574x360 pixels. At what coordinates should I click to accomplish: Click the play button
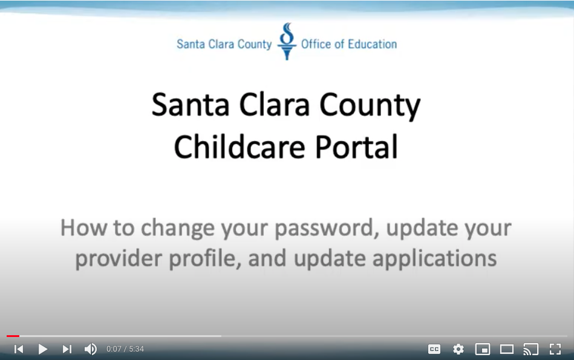tap(43, 349)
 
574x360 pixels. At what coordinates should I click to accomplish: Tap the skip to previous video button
tap(19, 349)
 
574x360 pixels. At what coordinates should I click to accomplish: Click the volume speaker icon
tap(91, 349)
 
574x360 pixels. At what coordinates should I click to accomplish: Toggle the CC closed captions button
tap(434, 349)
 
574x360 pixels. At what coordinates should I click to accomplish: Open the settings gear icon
tap(458, 349)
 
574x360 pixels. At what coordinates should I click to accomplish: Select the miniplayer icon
tap(483, 349)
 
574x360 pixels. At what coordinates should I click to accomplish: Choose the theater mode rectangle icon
tap(507, 349)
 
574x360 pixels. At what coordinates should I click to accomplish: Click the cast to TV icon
tap(531, 349)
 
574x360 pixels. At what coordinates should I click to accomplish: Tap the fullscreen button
tap(555, 349)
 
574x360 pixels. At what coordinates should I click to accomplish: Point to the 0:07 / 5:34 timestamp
tap(125, 349)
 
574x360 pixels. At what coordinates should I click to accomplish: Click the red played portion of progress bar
tap(13, 336)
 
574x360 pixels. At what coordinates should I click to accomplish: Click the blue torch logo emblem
tap(287, 41)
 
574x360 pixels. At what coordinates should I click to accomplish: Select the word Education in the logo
tap(372, 44)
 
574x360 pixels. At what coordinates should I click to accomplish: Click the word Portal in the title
tap(356, 147)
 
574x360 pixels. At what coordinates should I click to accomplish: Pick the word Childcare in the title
tap(240, 147)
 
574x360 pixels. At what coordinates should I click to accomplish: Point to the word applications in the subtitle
tap(434, 259)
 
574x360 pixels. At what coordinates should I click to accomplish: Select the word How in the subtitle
tap(83, 227)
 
